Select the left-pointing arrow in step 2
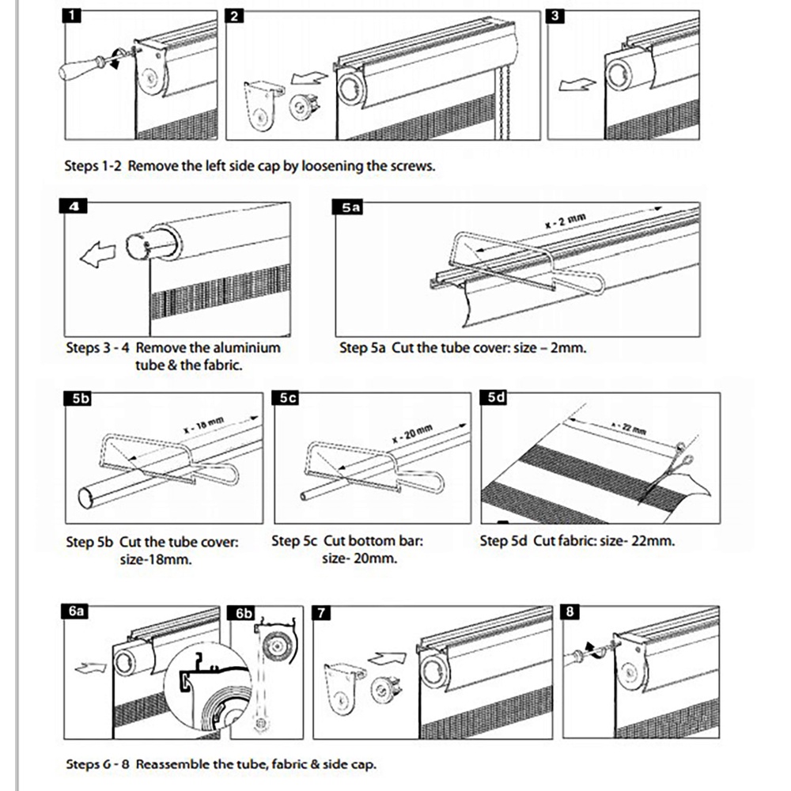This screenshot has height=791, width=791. (x=307, y=78)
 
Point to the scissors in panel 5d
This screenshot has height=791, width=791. (x=675, y=467)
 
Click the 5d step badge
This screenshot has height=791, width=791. (x=497, y=398)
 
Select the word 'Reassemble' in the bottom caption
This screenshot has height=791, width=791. (x=172, y=764)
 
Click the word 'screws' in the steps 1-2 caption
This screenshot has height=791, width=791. (x=411, y=167)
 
